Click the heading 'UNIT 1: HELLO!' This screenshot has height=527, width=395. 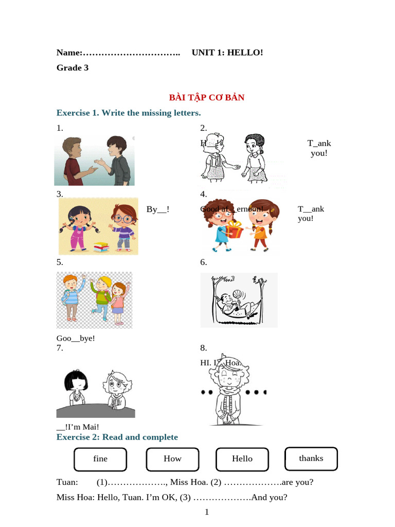pyautogui.click(x=227, y=52)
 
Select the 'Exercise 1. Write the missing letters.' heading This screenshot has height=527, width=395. pyautogui.click(x=129, y=113)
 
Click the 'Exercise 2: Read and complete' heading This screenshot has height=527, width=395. pyautogui.click(x=117, y=437)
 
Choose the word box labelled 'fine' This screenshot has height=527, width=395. pyautogui.click(x=100, y=459)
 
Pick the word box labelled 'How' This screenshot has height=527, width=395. pyautogui.click(x=172, y=459)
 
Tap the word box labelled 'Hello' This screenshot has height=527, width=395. pyautogui.click(x=242, y=459)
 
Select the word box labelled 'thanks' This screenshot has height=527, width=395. pyautogui.click(x=311, y=459)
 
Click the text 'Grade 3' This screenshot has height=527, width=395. pyautogui.click(x=73, y=68)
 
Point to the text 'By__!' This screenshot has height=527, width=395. pyautogui.click(x=158, y=209)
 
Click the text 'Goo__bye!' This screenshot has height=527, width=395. pyautogui.click(x=76, y=338)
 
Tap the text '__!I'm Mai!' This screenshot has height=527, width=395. pyautogui.click(x=78, y=427)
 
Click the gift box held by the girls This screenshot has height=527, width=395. pyautogui.click(x=235, y=229)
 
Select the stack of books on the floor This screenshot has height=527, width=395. pyautogui.click(x=100, y=247)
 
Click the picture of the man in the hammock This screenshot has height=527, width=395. pyautogui.click(x=239, y=300)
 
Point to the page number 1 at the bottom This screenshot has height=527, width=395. pyautogui.click(x=207, y=512)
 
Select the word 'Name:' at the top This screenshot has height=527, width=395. pyautogui.click(x=69, y=52)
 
